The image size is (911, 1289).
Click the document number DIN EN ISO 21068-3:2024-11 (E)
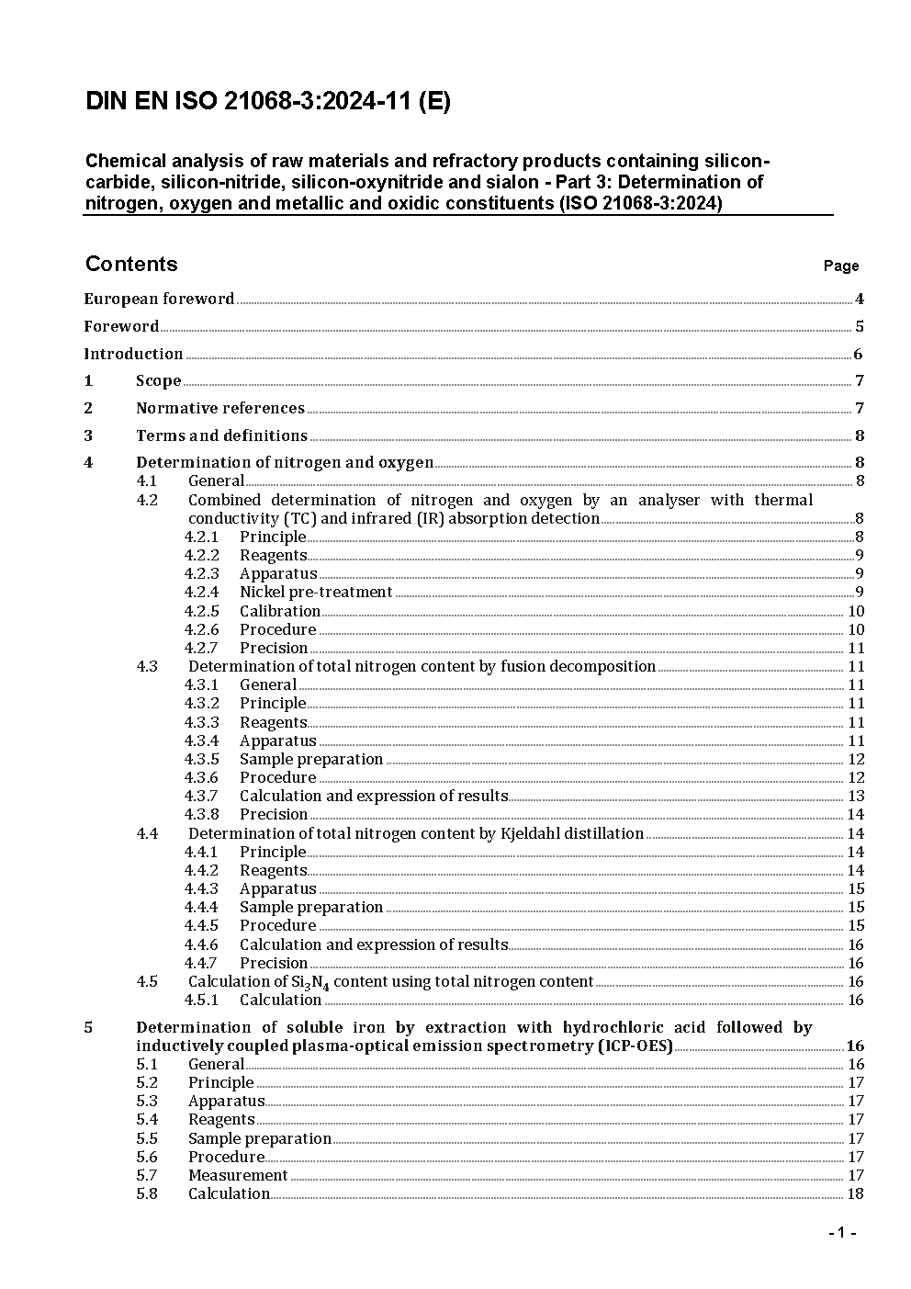[268, 102]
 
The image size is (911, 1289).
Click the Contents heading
[131, 265]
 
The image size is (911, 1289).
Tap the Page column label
[840, 266]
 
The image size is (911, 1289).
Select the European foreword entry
[159, 299]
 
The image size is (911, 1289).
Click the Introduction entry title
[133, 354]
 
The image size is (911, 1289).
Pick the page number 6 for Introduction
[858, 355]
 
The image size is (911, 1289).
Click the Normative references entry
[219, 408]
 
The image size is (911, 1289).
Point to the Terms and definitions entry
[221, 435]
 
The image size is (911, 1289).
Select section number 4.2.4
[201, 593]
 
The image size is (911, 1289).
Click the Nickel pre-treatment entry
[316, 593]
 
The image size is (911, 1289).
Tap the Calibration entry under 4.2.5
[280, 611]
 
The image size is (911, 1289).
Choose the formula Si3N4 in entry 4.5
[310, 982]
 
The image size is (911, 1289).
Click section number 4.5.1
[201, 1000]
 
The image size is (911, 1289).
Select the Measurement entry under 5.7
[238, 1175]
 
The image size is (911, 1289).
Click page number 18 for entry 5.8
[855, 1194]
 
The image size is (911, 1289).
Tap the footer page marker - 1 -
[841, 1233]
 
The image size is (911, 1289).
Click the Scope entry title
[158, 381]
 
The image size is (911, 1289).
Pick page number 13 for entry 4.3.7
[855, 797]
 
